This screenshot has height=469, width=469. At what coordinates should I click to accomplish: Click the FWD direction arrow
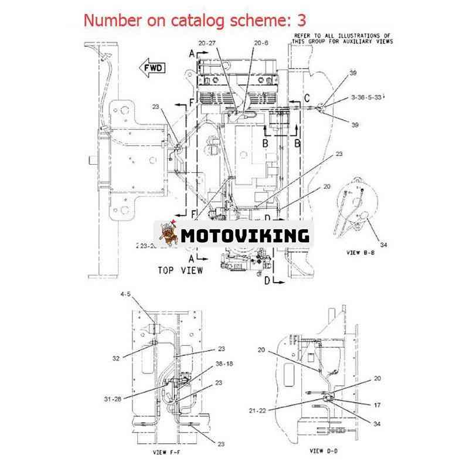(x=151, y=68)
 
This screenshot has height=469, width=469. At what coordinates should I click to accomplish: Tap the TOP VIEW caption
(x=181, y=270)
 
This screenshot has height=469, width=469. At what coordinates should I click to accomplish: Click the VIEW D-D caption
(x=324, y=451)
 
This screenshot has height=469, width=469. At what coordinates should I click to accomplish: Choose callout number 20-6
(x=261, y=43)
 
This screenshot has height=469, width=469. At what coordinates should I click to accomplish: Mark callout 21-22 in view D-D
(x=257, y=410)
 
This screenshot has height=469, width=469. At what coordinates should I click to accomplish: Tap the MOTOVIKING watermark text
(x=244, y=235)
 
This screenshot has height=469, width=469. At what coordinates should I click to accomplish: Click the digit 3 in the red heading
(x=301, y=20)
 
